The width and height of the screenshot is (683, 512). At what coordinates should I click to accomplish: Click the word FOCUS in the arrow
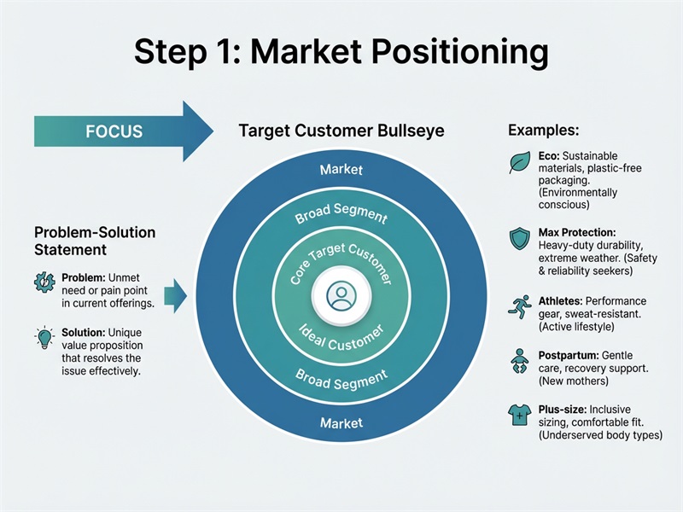click(114, 132)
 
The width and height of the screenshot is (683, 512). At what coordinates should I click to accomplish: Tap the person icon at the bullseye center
click(341, 295)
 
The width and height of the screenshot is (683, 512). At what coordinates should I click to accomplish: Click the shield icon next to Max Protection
click(519, 239)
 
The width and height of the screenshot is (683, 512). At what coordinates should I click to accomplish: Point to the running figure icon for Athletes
click(519, 308)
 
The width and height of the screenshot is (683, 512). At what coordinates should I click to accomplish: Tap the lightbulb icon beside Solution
click(44, 335)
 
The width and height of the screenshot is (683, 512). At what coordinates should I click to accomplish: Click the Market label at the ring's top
click(341, 170)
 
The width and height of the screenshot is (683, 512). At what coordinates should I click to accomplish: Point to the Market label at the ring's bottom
click(341, 422)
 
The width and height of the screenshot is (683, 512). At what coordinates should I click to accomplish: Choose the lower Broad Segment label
click(341, 379)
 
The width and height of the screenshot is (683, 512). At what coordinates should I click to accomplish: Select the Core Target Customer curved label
click(341, 256)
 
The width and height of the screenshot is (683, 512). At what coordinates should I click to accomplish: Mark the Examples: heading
click(544, 131)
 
